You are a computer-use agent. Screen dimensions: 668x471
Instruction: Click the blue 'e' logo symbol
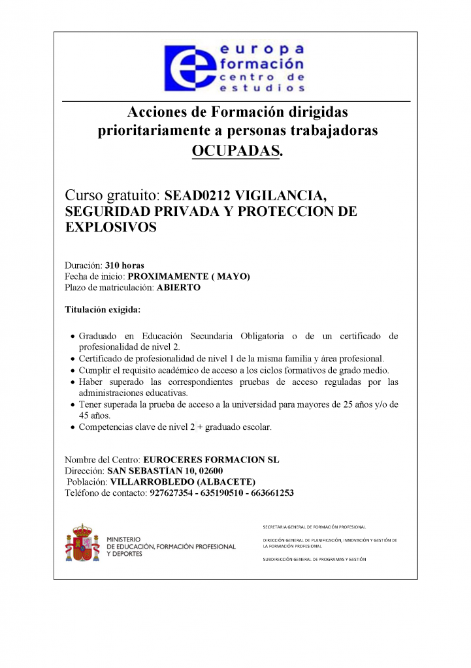[189, 68]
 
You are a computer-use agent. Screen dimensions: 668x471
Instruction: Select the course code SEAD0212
[197, 195]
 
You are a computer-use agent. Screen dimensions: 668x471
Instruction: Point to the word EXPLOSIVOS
[110, 228]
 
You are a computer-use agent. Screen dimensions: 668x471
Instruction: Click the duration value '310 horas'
[125, 266]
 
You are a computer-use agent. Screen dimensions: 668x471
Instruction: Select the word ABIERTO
[179, 287]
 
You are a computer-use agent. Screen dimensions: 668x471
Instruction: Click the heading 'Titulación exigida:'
[103, 309]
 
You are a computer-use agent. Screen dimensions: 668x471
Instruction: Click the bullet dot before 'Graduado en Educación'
[72, 337]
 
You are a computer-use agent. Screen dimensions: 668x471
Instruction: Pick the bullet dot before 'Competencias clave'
[72, 428]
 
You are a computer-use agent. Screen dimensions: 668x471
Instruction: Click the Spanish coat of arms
[82, 543]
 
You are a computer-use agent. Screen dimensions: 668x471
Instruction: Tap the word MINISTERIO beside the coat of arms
[124, 539]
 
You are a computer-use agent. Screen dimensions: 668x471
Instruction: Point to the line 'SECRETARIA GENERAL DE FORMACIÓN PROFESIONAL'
[314, 526]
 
